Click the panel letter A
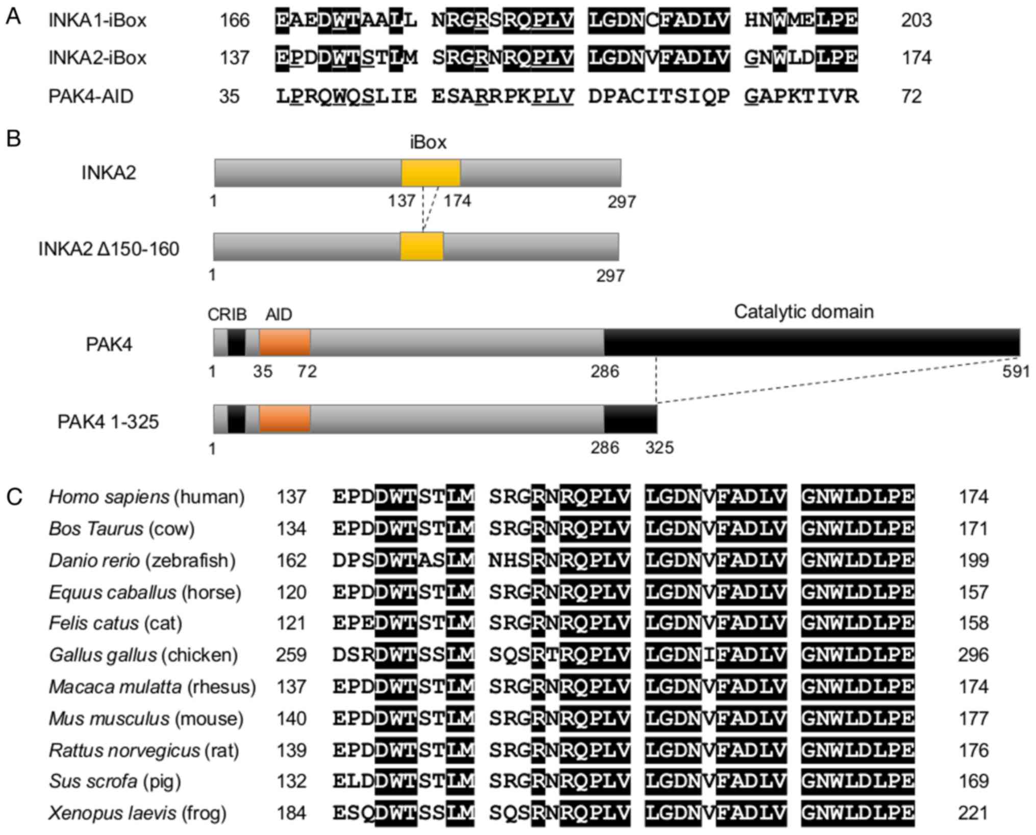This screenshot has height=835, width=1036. click(13, 17)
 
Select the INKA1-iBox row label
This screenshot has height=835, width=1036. click(97, 20)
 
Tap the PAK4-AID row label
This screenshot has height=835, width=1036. click(91, 96)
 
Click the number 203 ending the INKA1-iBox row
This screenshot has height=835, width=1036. click(917, 20)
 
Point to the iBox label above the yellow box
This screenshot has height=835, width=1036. click(428, 142)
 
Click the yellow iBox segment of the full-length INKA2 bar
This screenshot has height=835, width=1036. click(431, 173)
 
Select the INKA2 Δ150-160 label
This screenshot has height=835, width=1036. click(109, 249)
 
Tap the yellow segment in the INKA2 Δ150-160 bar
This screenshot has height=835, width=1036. click(422, 247)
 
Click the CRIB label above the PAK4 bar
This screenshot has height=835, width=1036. click(227, 314)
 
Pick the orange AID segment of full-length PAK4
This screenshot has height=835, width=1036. click(285, 342)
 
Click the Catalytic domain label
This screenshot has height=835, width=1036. click(803, 311)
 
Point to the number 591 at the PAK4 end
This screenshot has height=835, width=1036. click(1016, 372)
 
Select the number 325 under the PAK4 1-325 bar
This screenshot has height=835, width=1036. click(659, 448)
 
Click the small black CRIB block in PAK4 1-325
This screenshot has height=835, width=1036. click(236, 419)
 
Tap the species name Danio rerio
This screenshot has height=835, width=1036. click(94, 560)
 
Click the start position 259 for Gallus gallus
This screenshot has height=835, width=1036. click(291, 655)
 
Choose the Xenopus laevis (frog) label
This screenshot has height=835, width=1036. click(138, 813)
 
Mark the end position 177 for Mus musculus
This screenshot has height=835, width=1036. click(973, 719)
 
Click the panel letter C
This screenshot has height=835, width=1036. click(14, 497)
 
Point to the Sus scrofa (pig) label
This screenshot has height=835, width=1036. click(115, 781)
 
